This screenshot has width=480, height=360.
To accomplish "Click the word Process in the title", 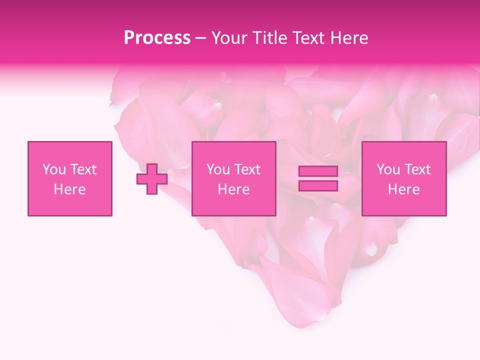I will pyautogui.click(x=157, y=38).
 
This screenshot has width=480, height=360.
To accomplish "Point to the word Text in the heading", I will pyautogui.click(x=306, y=38).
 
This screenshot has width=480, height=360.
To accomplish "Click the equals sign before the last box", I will pyautogui.click(x=318, y=179).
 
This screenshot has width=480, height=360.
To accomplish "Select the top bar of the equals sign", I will pyautogui.click(x=318, y=171).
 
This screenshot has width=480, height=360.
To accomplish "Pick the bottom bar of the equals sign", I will pyautogui.click(x=318, y=186).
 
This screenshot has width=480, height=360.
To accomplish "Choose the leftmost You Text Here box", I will pyautogui.click(x=70, y=179).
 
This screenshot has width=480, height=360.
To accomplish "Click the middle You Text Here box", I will pyautogui.click(x=234, y=179).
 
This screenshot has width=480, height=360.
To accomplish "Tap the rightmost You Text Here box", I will pyautogui.click(x=404, y=179).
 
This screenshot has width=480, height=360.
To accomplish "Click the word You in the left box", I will pyautogui.click(x=53, y=169).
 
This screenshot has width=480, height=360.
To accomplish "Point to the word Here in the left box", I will pyautogui.click(x=70, y=189).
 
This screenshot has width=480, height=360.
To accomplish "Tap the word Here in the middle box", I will pyautogui.click(x=234, y=189).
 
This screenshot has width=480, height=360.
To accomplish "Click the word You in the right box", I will pyautogui.click(x=387, y=169).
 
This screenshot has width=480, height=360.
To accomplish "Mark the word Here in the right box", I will pyautogui.click(x=404, y=189).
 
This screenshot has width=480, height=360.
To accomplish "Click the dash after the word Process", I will pyautogui.click(x=201, y=38).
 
